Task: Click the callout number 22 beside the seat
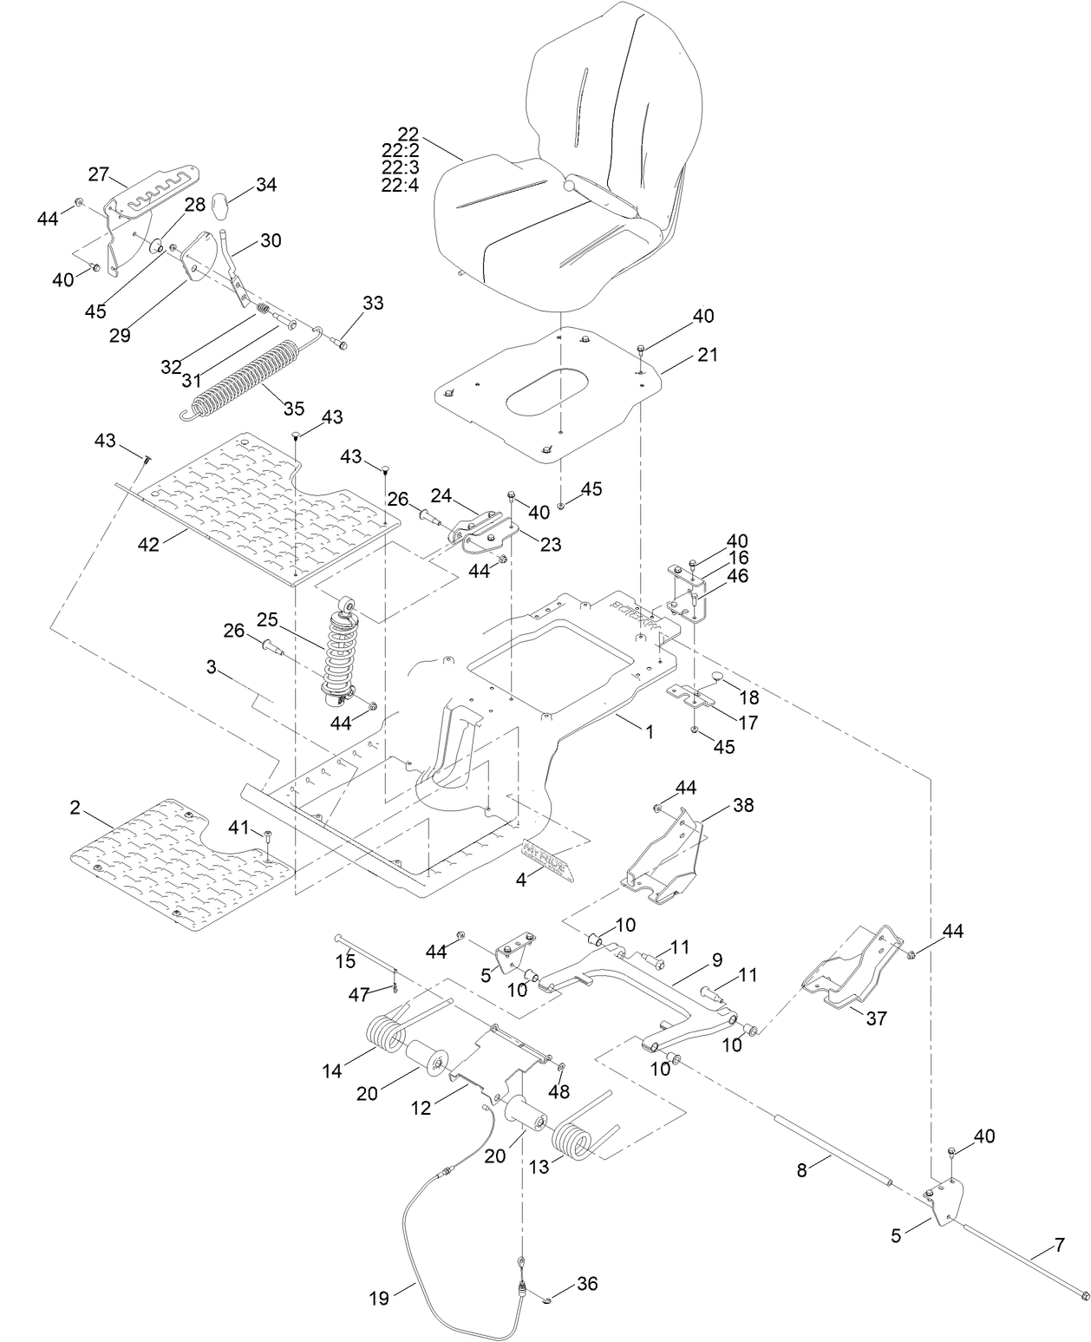tap(408, 134)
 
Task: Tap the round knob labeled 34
tap(222, 207)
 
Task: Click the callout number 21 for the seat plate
tap(708, 355)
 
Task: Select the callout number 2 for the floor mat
tap(75, 808)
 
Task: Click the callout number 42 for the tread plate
tap(150, 544)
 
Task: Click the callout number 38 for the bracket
tap(742, 804)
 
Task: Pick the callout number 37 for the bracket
tap(877, 1018)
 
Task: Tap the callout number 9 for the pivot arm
tap(716, 959)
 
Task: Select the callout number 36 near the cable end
tap(587, 1283)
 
